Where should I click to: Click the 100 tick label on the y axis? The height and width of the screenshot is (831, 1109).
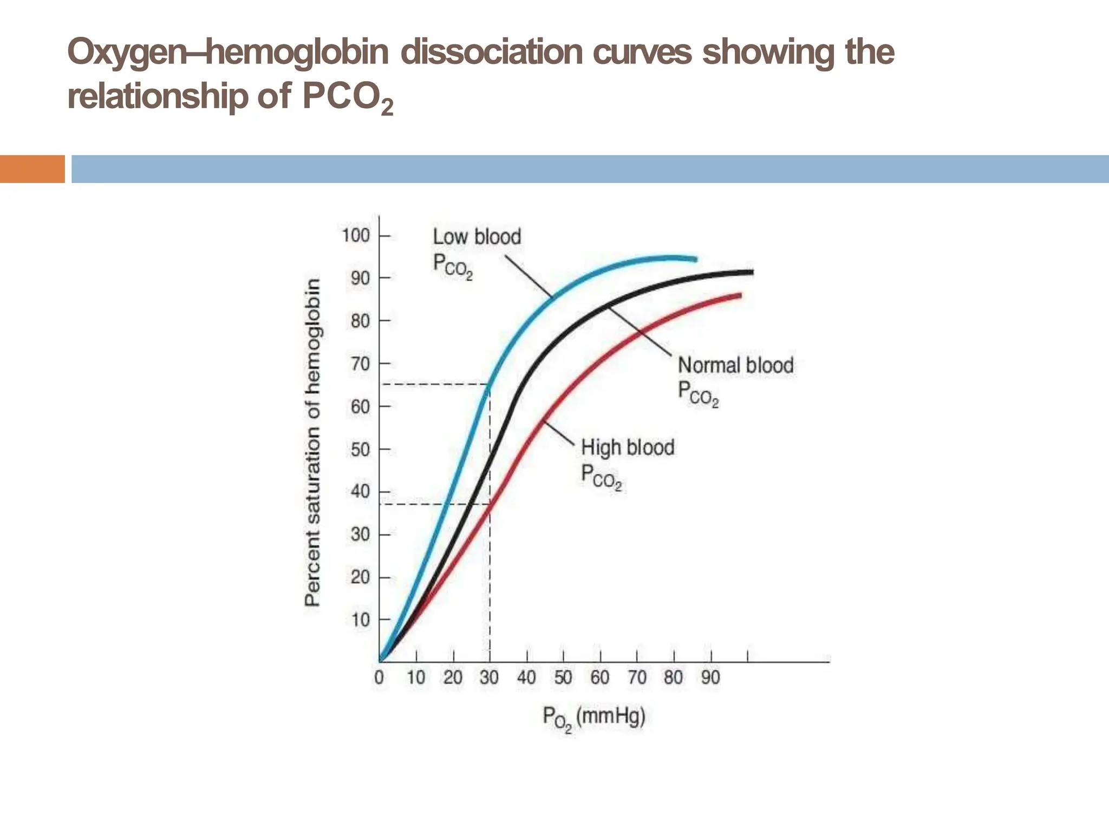coord(355,236)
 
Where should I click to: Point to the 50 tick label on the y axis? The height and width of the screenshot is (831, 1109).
coord(360,450)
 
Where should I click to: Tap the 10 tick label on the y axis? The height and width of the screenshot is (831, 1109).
coord(360,620)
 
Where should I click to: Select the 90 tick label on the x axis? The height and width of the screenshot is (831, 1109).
coord(710,677)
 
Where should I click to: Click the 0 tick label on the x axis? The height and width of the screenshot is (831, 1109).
coord(379,677)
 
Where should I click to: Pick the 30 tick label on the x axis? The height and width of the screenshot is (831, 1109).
coord(489,677)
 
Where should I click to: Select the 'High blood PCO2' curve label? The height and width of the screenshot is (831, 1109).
coord(627,463)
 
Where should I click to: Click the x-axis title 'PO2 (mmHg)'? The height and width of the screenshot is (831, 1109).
coord(594,718)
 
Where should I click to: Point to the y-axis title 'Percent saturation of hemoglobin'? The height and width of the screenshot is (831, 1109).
coord(313,442)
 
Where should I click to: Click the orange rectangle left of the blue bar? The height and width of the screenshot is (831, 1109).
coord(32,169)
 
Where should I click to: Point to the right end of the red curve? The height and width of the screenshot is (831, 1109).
coord(740,295)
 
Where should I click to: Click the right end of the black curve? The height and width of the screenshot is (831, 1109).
coord(752,272)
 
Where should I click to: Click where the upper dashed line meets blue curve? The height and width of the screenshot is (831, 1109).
coord(490,385)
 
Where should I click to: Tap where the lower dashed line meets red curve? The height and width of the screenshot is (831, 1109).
coord(490,505)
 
